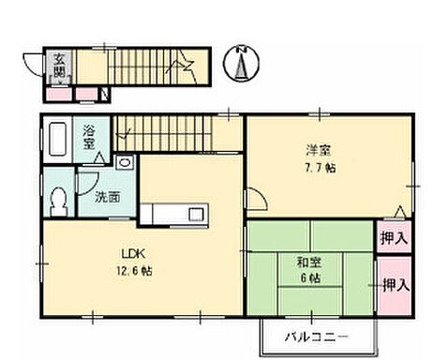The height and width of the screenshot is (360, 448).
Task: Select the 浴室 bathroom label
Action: (x=90, y=138)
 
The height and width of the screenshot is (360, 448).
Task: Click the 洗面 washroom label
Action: (x=106, y=198)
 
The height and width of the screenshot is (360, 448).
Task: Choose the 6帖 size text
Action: (x=308, y=279)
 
